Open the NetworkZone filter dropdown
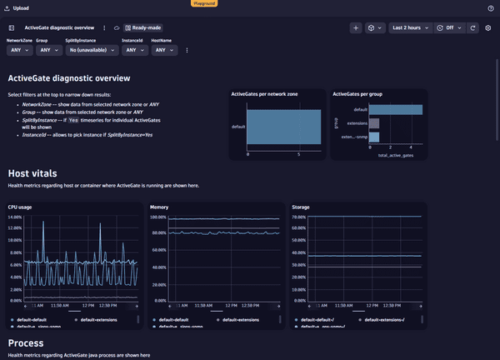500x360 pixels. (20, 50)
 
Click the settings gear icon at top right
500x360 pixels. (488, 27)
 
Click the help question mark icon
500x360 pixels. (490, 7)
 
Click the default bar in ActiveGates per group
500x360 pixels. (395, 109)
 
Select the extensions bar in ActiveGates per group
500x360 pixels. (374, 123)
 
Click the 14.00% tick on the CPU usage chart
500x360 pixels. (15, 217)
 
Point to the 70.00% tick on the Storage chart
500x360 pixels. (302, 217)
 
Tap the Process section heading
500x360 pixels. (25, 342)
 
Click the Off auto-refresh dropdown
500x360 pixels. (449, 27)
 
